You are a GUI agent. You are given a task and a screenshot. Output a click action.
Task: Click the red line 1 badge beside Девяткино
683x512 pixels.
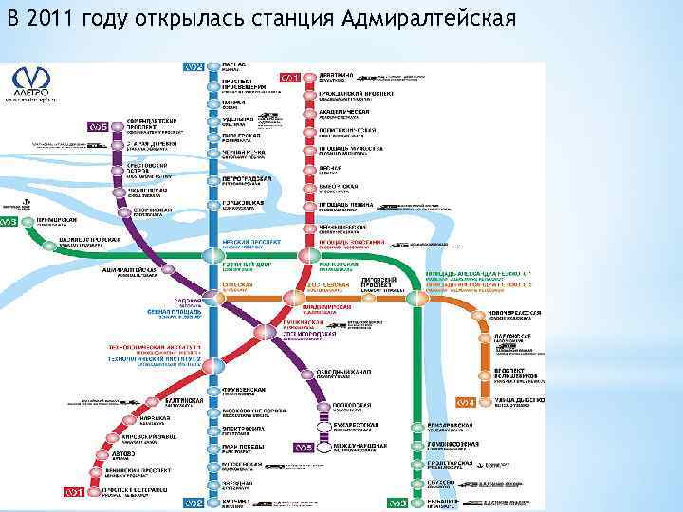289,77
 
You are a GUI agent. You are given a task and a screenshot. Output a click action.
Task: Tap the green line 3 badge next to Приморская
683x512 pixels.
10,222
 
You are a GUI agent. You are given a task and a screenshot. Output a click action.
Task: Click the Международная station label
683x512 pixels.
356,445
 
